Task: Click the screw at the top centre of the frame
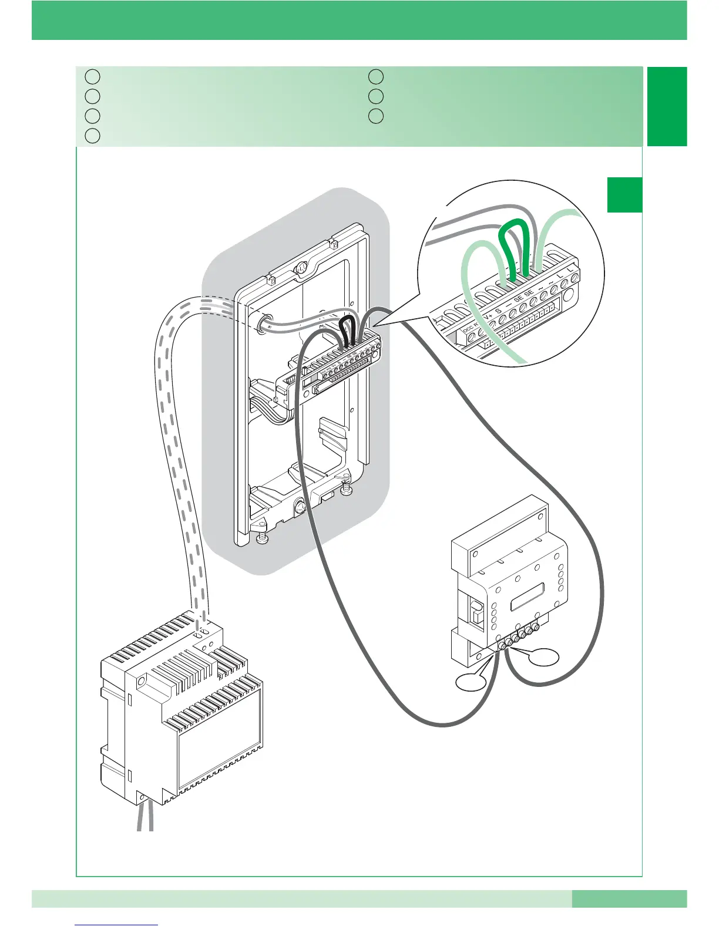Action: tap(301, 268)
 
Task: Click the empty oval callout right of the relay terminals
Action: tap(543, 656)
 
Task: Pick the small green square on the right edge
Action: tap(624, 194)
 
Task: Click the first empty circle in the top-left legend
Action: tap(91, 76)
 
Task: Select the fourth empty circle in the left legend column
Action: tap(91, 136)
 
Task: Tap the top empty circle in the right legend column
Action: tap(376, 76)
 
